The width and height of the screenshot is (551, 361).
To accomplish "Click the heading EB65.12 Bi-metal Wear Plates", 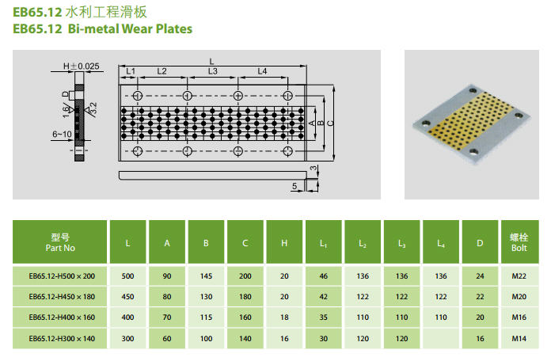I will pyautogui.click(x=102, y=29).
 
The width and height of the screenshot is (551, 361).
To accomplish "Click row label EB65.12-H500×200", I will pyautogui.click(x=62, y=276).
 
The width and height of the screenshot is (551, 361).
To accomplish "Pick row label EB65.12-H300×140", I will pyautogui.click(x=62, y=338).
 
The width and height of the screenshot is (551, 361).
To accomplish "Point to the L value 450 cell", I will pyautogui.click(x=128, y=297).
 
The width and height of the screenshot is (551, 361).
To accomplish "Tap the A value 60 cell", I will pyautogui.click(x=167, y=338).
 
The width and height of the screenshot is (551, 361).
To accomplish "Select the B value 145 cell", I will pyautogui.click(x=206, y=276).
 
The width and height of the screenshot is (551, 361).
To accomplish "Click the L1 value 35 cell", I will pyautogui.click(x=323, y=317).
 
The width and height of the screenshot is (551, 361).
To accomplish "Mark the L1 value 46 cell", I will pyautogui.click(x=323, y=276).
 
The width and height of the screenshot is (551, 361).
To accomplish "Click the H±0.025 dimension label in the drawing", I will pyautogui.click(x=81, y=66).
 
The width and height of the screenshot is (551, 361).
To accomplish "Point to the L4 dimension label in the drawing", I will pyautogui.click(x=263, y=71).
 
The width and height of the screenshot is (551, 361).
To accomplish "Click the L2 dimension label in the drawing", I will pyautogui.click(x=161, y=71).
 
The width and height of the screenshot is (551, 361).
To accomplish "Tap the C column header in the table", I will pyautogui.click(x=245, y=241).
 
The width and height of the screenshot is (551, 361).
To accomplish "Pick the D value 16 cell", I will pyautogui.click(x=479, y=338).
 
